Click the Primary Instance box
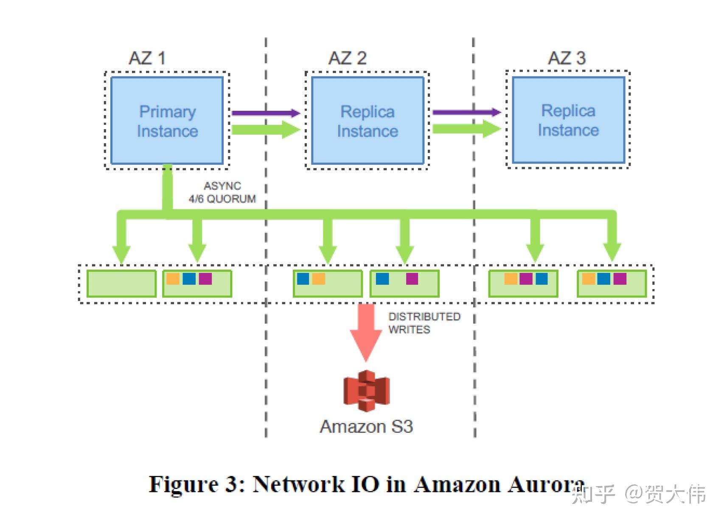(167, 121)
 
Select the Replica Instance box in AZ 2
(368, 121)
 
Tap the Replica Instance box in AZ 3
(568, 120)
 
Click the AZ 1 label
(147, 58)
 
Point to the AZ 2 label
(347, 58)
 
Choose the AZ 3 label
(567, 58)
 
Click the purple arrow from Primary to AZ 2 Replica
(265, 113)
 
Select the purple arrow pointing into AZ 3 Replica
(466, 112)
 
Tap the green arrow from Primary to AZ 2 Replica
(265, 129)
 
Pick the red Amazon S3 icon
(366, 391)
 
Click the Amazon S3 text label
(366, 427)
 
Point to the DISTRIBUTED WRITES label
(424, 323)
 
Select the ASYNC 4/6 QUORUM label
(222, 192)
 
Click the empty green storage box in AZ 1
(121, 283)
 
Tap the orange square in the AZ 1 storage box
(173, 279)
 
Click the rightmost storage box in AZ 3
(612, 283)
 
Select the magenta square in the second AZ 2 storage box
(412, 279)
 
